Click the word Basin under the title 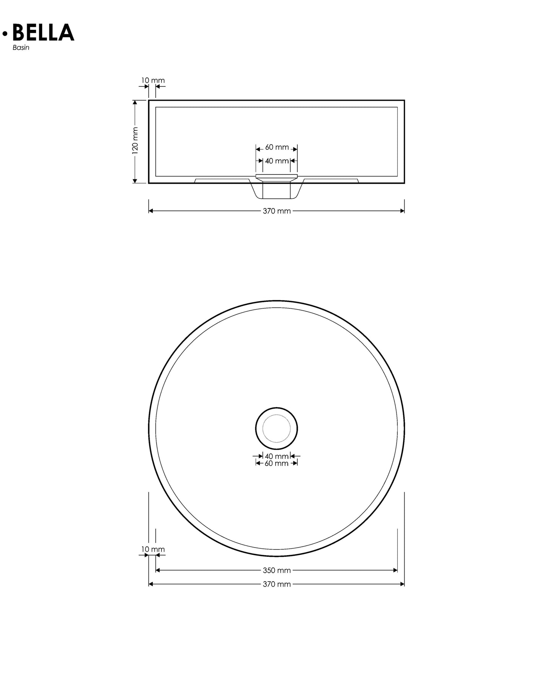21,48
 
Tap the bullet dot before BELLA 5,34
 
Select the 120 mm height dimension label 135,140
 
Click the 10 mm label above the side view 153,80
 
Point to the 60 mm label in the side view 277,147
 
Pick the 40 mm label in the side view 277,161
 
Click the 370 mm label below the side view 277,211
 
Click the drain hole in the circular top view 276,428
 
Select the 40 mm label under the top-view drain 277,456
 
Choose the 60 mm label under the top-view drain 277,463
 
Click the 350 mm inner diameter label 277,570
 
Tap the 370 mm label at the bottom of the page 277,584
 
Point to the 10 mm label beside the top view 153,549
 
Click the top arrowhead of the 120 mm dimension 135,102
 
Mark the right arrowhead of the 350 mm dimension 395,570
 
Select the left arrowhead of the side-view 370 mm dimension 151,211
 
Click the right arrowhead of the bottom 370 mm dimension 402,584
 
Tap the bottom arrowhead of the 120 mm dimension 135,181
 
